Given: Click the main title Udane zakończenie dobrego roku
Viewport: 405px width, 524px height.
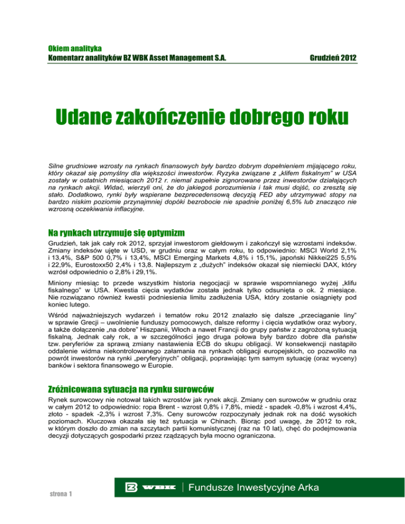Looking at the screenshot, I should [202, 115].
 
